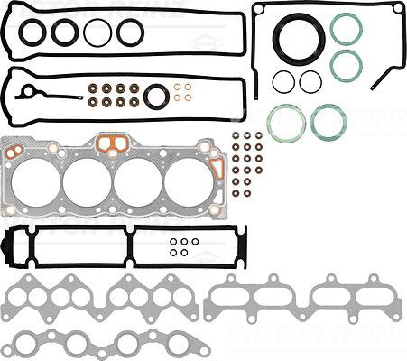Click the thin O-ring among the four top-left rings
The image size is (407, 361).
coord(97,32)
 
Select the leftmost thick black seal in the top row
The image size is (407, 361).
coord(32,32)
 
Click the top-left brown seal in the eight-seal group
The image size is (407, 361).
coord(95,88)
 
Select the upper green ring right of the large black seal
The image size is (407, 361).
coord(346,29)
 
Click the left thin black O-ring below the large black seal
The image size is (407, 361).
coord(283,81)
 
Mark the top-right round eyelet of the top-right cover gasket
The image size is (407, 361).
coord(397,8)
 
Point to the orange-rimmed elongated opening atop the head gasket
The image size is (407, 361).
coord(111,142)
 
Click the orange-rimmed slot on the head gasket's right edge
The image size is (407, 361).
coord(217,168)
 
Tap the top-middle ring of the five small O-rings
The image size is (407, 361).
coord(184,241)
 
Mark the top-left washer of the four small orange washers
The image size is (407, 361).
coord(178,88)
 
